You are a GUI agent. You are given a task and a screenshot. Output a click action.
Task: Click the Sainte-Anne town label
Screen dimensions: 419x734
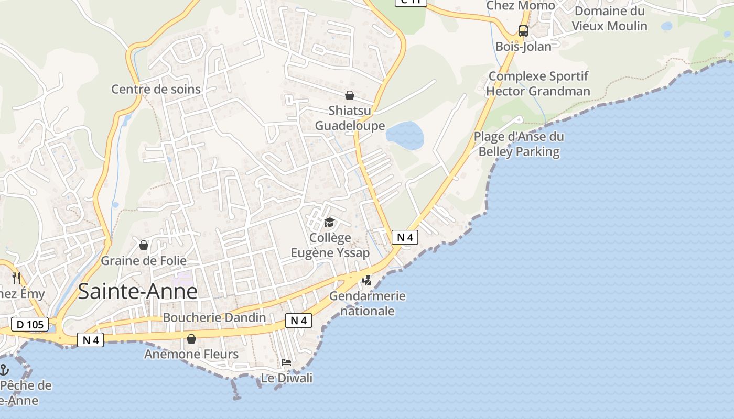138,292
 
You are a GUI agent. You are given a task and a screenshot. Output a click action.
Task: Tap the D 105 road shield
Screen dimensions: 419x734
30,325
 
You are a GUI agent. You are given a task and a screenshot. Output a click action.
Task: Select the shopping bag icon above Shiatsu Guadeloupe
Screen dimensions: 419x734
350,95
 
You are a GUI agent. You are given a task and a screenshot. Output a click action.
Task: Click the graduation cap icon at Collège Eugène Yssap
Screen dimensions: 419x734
329,223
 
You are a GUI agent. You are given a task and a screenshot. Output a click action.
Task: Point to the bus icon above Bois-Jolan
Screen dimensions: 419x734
523,30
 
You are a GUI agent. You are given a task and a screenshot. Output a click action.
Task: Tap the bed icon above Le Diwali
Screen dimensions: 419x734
286,362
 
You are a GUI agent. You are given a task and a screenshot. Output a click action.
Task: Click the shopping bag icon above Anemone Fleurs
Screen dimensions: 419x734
191,339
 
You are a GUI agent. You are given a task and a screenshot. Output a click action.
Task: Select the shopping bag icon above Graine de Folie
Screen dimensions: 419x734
144,245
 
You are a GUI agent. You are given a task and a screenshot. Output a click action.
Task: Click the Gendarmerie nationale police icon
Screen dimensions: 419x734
367,281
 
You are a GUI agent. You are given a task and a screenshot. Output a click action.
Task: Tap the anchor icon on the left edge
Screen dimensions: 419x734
4,370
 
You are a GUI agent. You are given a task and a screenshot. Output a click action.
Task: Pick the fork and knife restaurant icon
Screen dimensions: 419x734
16,278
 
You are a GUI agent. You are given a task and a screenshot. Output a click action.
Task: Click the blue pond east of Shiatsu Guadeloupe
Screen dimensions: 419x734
405,136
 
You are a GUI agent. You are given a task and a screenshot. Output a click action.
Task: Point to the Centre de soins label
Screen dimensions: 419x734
156,89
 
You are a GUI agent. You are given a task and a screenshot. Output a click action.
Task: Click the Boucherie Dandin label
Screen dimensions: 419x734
214,317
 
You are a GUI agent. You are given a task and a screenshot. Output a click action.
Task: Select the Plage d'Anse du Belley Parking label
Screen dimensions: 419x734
519,145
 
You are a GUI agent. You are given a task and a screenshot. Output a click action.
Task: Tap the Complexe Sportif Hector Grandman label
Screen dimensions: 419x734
538,84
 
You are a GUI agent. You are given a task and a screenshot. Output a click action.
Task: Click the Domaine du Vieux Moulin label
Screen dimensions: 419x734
609,18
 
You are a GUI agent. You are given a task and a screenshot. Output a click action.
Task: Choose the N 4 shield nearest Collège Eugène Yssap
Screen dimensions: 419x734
405,237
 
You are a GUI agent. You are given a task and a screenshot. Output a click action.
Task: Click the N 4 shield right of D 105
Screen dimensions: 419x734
91,340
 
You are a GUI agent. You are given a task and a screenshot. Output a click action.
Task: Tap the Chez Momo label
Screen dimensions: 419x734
520,5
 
